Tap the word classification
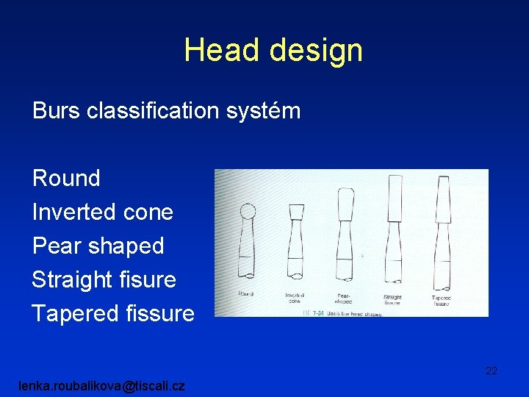point(159,111)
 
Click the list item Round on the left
point(66,178)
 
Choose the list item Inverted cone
point(103,212)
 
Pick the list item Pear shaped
point(98,246)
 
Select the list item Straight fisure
point(104,279)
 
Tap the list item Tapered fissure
point(113,313)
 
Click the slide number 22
point(492,371)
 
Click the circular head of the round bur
point(248,212)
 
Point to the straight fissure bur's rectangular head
point(392,195)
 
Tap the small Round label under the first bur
point(246,293)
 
